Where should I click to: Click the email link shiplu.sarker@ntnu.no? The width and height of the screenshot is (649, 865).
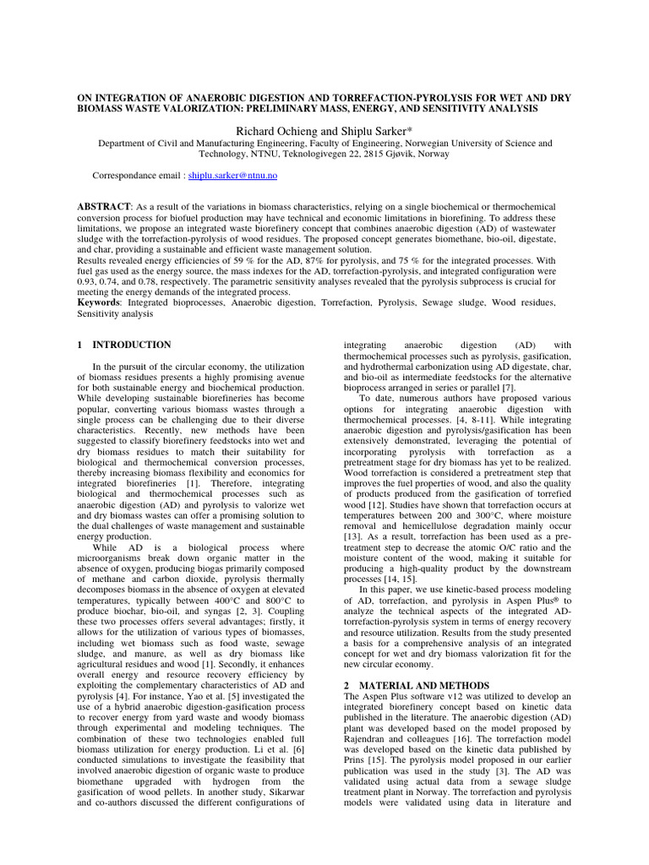pos(232,176)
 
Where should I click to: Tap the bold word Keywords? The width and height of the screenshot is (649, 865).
pos(99,302)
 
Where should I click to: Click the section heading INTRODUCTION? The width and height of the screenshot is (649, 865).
pos(132,345)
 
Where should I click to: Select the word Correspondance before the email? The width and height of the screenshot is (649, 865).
pos(129,176)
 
